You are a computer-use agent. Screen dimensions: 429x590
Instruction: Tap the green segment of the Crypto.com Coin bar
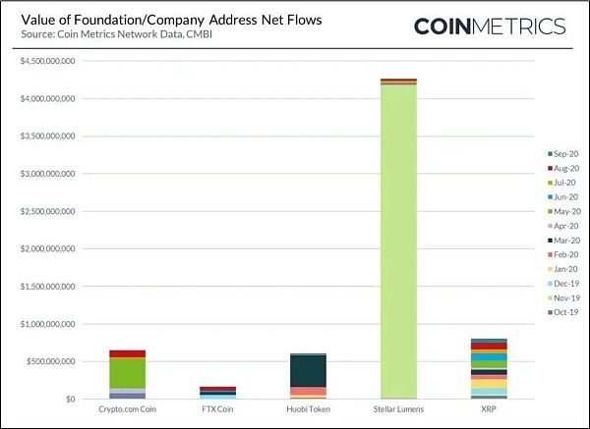[x=127, y=373]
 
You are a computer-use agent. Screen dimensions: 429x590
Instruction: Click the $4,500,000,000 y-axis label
[x=47, y=63]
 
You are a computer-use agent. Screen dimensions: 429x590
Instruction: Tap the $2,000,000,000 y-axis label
[x=47, y=249]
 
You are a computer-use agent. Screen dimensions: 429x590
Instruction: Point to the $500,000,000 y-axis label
[x=51, y=361]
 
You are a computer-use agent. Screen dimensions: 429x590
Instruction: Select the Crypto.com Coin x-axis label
[x=127, y=410]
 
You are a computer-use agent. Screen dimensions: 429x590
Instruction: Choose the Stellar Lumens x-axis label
[x=398, y=410]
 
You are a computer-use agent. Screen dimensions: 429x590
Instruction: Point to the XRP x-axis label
[x=489, y=410]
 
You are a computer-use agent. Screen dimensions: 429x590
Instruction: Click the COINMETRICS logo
[x=489, y=26]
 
